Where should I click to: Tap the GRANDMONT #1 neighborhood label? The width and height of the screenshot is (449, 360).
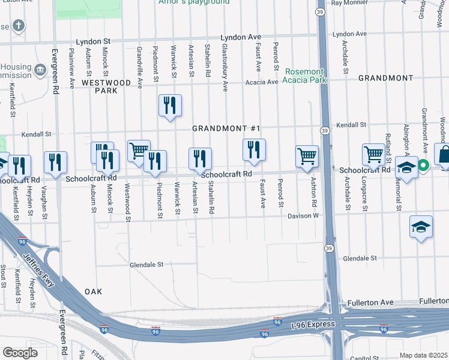[x=226, y=129]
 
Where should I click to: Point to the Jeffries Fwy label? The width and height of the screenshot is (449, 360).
[x=40, y=272]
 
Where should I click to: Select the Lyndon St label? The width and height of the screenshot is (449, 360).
[x=94, y=42]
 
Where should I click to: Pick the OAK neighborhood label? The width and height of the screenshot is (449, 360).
[x=93, y=292]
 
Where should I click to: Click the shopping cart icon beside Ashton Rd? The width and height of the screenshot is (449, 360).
[x=307, y=156]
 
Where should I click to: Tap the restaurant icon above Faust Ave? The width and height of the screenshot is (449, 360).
[x=254, y=149]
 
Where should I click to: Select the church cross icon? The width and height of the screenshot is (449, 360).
[x=19, y=26]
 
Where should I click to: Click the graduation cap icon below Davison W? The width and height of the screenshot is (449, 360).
[x=421, y=227]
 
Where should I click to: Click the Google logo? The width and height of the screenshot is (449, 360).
[x=20, y=352]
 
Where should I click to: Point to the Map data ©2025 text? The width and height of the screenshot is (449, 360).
[x=423, y=355]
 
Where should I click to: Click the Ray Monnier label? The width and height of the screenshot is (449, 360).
[x=348, y=3]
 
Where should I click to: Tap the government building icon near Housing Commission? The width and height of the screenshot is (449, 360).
[x=41, y=70]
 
